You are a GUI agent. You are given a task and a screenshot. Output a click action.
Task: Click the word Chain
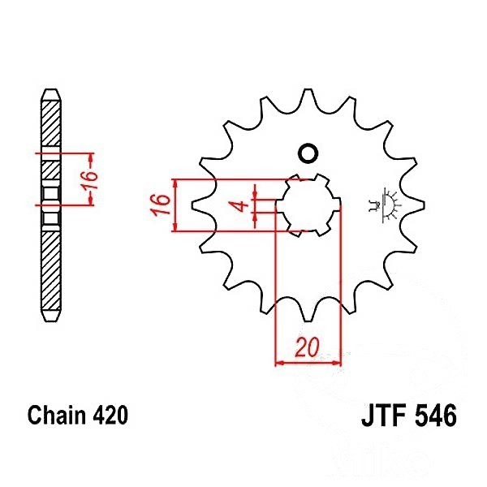pyautogui.click(x=56, y=415)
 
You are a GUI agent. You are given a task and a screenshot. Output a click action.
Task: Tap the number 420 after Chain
pyautogui.click(x=110, y=415)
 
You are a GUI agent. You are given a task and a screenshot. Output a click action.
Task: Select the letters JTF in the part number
pyautogui.click(x=384, y=416)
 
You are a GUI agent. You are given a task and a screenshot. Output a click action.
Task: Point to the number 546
pyautogui.click(x=436, y=416)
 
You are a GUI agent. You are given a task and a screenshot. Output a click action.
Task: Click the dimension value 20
pyautogui.click(x=307, y=347)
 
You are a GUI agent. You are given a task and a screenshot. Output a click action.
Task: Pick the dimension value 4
pyautogui.click(x=241, y=205)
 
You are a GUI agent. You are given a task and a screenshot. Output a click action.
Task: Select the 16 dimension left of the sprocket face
pyautogui.click(x=160, y=205)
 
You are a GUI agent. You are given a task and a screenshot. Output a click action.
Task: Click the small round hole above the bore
pyautogui.click(x=308, y=153)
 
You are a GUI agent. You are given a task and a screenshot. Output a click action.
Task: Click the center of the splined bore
pyautogui.click(x=308, y=205)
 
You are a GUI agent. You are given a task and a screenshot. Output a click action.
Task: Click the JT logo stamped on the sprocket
pyautogui.click(x=384, y=205)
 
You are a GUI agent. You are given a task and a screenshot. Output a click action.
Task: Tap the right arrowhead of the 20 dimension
pyautogui.click(x=337, y=362)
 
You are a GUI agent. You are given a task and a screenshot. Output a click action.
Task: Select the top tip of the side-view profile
pyautogui.click(x=51, y=90)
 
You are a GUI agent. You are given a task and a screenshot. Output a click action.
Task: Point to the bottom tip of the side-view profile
pyautogui.click(x=51, y=321)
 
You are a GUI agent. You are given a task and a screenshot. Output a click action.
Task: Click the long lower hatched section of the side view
pyautogui.click(x=51, y=270)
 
